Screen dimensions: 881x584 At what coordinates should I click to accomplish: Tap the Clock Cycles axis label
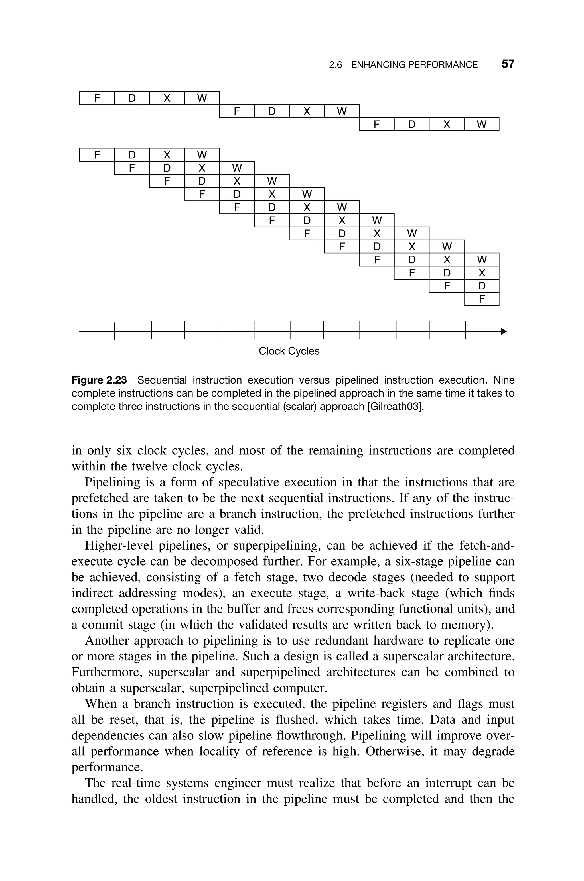(289, 351)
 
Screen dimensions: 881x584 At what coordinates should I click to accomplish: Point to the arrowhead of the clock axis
(504, 331)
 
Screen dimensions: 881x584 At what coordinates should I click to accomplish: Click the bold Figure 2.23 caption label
(99, 380)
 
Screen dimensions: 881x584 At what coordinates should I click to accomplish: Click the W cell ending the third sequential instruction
(482, 125)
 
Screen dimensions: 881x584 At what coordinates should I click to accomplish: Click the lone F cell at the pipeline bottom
(482, 299)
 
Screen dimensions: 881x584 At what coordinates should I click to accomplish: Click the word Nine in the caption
(504, 380)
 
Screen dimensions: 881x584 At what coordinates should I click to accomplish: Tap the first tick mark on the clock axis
(114, 331)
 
